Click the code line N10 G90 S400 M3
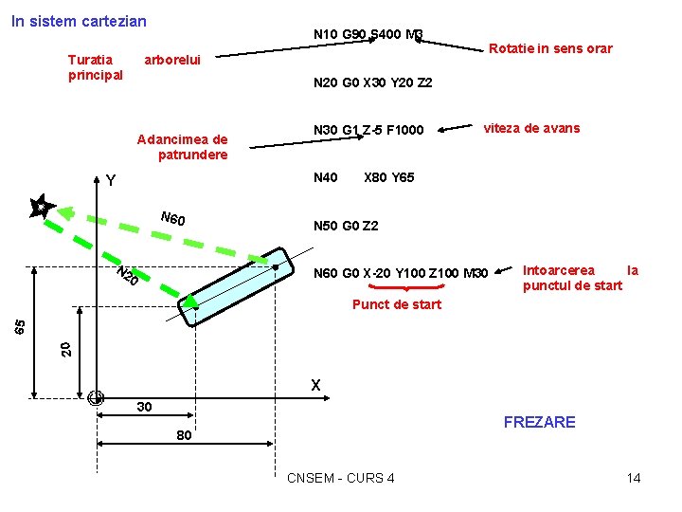(x=368, y=35)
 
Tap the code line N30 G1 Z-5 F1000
(x=368, y=129)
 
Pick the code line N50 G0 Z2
(x=346, y=226)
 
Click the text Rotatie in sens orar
(x=550, y=48)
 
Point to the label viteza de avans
(x=531, y=128)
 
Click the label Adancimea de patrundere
(x=182, y=147)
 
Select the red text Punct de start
(x=396, y=304)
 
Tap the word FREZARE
(x=539, y=422)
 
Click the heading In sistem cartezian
(x=79, y=20)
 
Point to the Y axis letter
(x=111, y=180)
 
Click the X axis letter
(x=316, y=385)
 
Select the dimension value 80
(x=184, y=436)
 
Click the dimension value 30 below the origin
(x=144, y=407)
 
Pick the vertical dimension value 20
(x=65, y=348)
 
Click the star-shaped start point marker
(x=41, y=207)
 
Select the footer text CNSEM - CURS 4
(x=340, y=478)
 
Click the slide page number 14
(x=634, y=478)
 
